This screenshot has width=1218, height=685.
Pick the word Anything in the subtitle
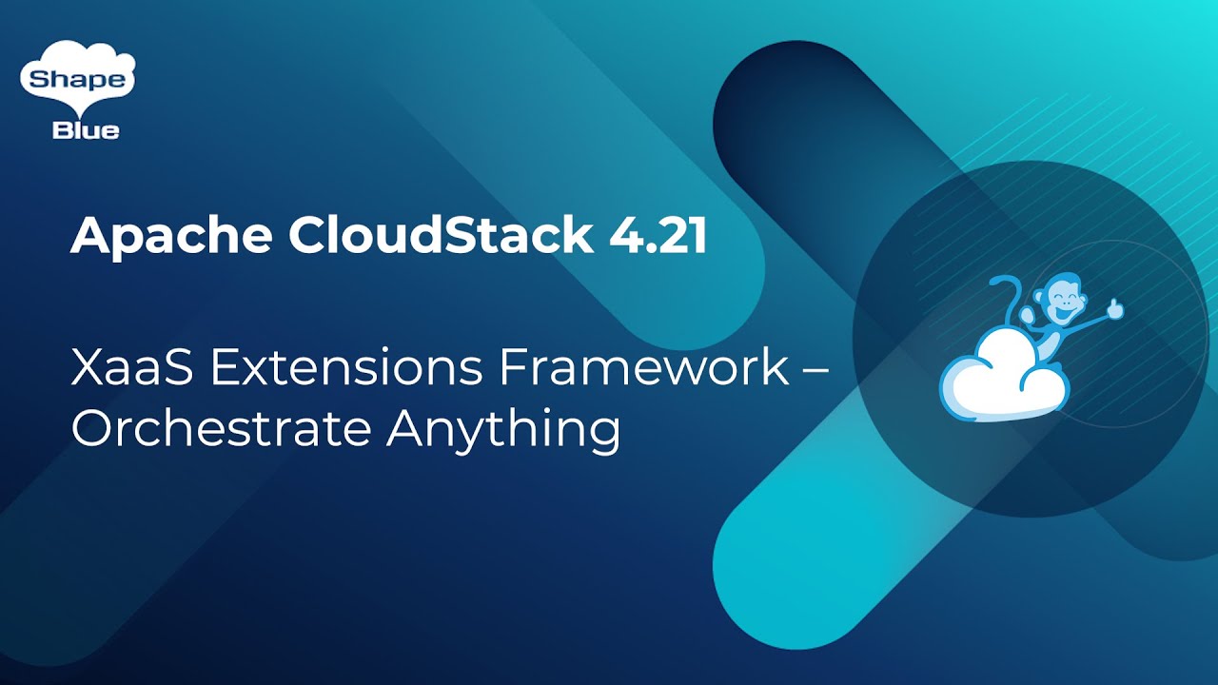click(x=503, y=431)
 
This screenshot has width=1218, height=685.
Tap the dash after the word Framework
click(x=815, y=370)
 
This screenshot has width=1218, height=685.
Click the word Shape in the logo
click(x=77, y=81)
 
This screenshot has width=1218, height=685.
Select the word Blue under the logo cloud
click(x=86, y=131)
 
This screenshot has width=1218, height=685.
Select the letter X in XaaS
click(x=87, y=368)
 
